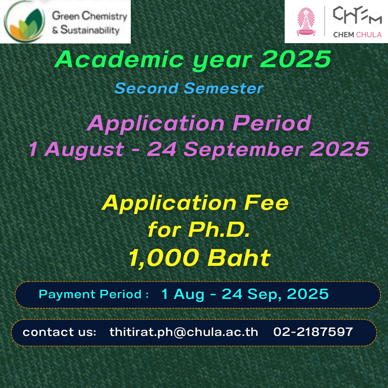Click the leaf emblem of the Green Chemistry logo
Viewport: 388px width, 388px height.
(x=24, y=22)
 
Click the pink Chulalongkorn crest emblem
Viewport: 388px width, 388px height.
(x=306, y=22)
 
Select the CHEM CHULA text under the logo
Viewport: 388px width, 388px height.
(x=357, y=34)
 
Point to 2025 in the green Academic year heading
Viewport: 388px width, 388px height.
(x=295, y=59)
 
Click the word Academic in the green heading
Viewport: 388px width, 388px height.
(x=119, y=59)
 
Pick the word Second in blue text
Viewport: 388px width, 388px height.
(x=147, y=88)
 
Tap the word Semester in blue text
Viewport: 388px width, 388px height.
(x=224, y=88)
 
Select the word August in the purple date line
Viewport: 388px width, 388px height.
(x=84, y=149)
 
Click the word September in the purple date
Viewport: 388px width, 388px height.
(x=243, y=149)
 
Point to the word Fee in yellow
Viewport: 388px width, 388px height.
(x=266, y=203)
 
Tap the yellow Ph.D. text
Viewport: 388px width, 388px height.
(x=219, y=230)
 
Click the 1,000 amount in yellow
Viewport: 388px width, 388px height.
(x=164, y=258)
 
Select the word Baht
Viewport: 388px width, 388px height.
(x=239, y=258)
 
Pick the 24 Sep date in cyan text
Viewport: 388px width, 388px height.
(x=250, y=294)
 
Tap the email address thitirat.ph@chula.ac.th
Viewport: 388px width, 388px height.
(x=184, y=332)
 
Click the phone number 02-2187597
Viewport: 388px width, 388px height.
(x=313, y=332)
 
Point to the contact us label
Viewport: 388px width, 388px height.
(x=59, y=332)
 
